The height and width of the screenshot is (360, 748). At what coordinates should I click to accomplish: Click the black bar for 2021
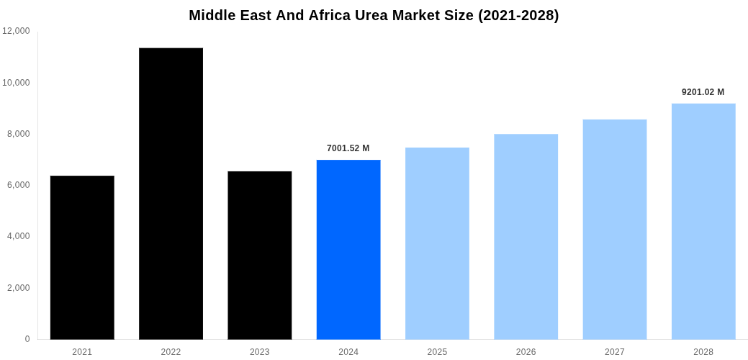(82, 257)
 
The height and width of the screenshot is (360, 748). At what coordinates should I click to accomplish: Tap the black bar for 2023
(260, 255)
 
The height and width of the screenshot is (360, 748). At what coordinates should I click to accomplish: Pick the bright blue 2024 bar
(348, 249)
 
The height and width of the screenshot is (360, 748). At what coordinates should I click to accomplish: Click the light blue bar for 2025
(437, 243)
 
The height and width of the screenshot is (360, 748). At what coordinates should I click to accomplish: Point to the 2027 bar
(615, 229)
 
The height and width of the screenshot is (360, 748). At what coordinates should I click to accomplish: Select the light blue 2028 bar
(703, 221)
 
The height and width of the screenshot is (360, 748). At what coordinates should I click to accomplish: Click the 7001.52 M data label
(348, 148)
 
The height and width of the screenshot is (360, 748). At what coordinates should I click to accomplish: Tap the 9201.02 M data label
(703, 92)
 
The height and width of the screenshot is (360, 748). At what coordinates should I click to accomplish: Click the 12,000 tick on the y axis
(17, 31)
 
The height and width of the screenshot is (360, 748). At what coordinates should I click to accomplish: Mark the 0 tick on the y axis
(27, 339)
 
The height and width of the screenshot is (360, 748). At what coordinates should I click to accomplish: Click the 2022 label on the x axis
(171, 352)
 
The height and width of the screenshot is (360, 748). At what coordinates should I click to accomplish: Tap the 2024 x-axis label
(348, 352)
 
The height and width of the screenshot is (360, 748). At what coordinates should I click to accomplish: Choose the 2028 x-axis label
(703, 352)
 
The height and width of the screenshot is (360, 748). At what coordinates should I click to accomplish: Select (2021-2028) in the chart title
(518, 15)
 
